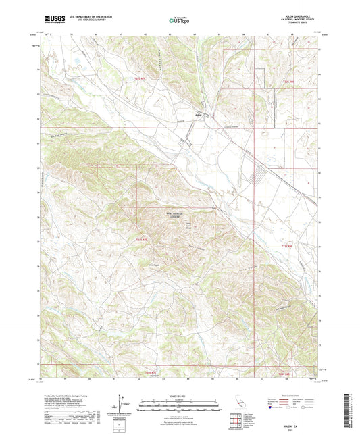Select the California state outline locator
point(238,405)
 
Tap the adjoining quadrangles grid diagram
point(237,423)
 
